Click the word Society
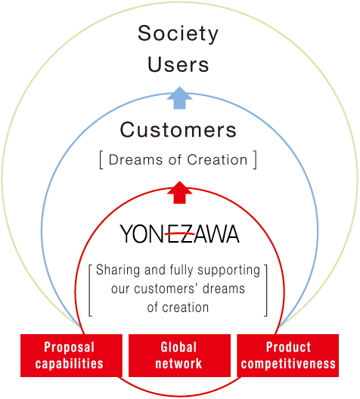click(x=178, y=34)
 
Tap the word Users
click(x=178, y=65)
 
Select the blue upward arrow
click(x=179, y=98)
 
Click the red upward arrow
click(x=179, y=193)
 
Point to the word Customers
click(x=178, y=130)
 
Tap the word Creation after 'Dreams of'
click(x=217, y=160)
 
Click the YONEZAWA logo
click(x=179, y=234)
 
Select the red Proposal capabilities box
click(x=71, y=355)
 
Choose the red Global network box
click(x=179, y=355)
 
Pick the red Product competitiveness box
click(x=287, y=355)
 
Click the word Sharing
click(x=118, y=271)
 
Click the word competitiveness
click(x=288, y=364)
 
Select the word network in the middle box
click(x=178, y=363)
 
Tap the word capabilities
click(x=70, y=364)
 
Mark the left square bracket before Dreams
click(x=101, y=159)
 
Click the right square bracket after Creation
click(x=255, y=159)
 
